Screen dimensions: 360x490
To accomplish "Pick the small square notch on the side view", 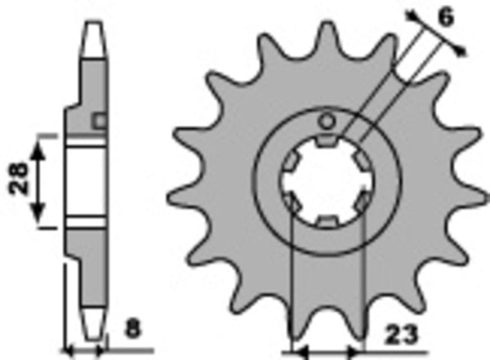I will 100,122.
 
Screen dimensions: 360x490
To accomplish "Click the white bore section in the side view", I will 85,181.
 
